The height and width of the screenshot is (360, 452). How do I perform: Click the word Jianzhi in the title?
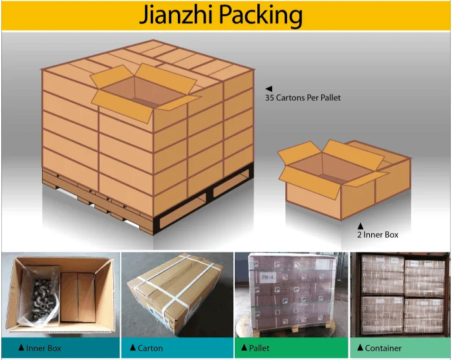[180, 16]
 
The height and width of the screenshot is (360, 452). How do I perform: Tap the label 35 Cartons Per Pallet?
[303, 98]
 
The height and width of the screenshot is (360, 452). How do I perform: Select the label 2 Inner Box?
[378, 235]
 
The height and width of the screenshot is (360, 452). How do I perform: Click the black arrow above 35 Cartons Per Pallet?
[268, 89]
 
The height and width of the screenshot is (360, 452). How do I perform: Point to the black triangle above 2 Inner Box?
[361, 226]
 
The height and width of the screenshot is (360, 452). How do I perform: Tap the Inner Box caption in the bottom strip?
[44, 348]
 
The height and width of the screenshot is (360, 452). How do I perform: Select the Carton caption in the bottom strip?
[150, 348]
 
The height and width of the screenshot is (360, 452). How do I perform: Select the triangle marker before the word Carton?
[133, 348]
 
